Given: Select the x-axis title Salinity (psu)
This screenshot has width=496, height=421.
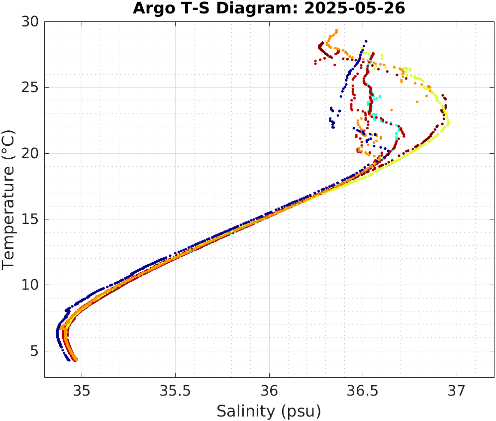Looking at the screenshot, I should (269, 411).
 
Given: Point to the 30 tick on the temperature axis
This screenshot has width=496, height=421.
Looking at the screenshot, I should (33, 22).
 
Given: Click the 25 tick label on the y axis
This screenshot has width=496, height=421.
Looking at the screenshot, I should (33, 88).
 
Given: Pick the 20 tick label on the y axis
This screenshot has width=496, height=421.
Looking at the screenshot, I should (33, 153).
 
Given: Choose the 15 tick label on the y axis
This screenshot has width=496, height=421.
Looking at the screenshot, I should (33, 219).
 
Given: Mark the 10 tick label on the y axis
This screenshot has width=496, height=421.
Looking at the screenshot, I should (33, 285).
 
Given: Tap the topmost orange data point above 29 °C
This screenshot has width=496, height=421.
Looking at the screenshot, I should (337, 30).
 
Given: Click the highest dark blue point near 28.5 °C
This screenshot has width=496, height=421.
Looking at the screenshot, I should (366, 41).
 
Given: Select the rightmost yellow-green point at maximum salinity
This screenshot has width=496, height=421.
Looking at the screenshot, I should (448, 122).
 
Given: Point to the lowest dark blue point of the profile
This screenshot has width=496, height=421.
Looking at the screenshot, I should (69, 360).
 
